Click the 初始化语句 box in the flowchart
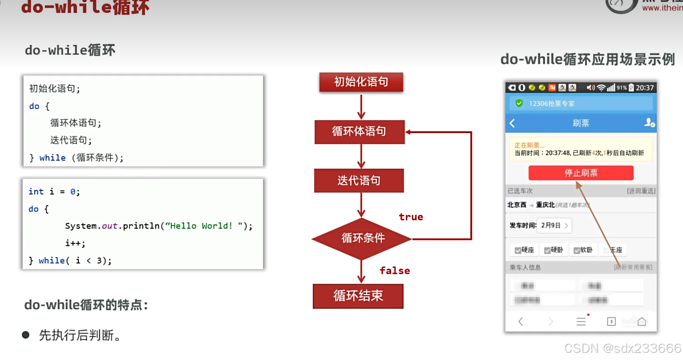[361, 82]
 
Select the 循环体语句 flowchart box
[360, 132]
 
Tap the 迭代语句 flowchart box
[359, 181]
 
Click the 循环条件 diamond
[362, 239]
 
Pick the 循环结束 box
[358, 296]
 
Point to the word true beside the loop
[411, 217]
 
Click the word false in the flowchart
[395, 271]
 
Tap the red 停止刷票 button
[581, 173]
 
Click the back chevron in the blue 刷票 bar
[512, 123]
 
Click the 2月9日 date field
[554, 226]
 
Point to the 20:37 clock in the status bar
[644, 88]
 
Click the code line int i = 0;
[54, 192]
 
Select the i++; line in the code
[75, 243]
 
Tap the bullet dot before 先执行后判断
[26, 335]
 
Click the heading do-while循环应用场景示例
[587, 59]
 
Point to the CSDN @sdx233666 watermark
[622, 348]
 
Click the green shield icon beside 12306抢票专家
[519, 103]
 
